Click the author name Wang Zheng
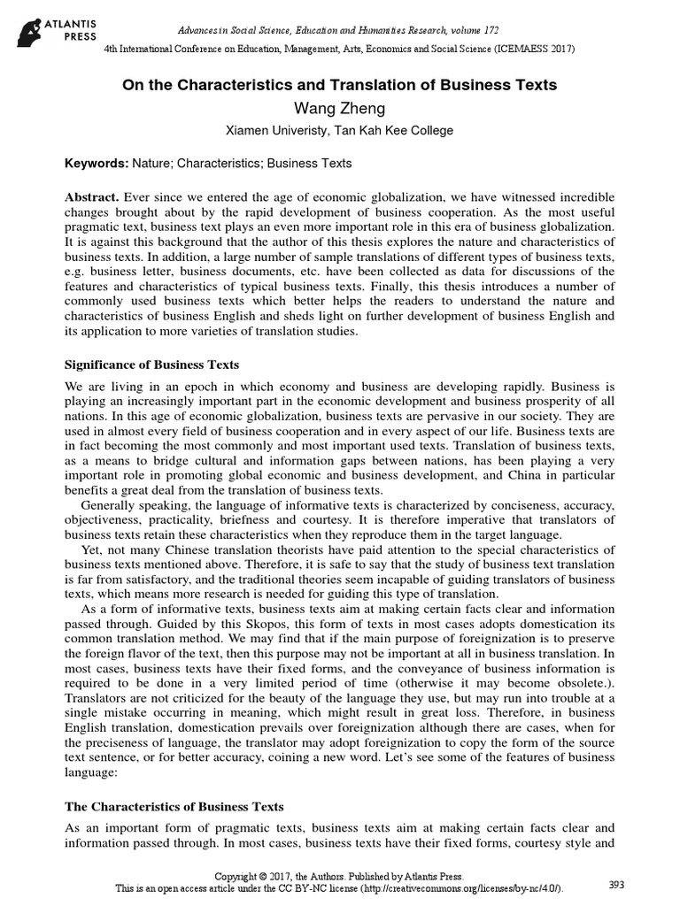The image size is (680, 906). click(339, 108)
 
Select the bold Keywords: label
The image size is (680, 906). click(97, 164)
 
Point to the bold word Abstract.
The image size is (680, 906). click(92, 196)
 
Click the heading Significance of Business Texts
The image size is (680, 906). click(151, 365)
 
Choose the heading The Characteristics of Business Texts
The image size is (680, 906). click(174, 807)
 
